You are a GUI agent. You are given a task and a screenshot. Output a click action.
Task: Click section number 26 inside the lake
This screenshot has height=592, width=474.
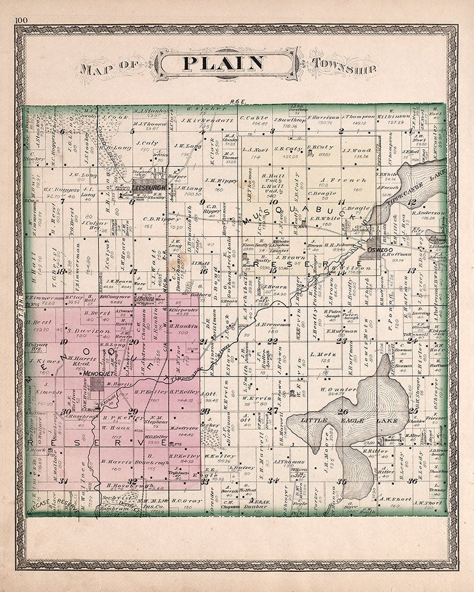[342, 411]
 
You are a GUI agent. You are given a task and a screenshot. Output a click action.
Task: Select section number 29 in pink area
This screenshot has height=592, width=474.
[133, 411]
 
